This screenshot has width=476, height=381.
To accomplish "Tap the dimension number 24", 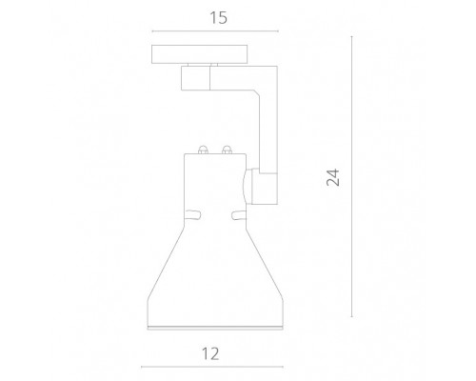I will pos(332,177).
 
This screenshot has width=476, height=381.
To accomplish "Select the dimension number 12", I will pos(211,353).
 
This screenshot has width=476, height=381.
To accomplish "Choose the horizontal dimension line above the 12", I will pos(211,367).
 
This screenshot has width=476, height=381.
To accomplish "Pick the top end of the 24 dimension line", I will pos(353,37).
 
